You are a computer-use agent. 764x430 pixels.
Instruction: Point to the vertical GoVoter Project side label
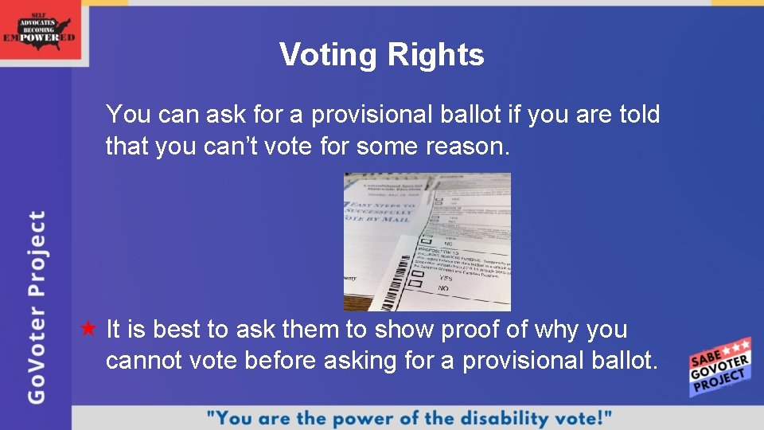(x=37, y=306)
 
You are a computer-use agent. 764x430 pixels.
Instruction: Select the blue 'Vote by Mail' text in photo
(x=378, y=212)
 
